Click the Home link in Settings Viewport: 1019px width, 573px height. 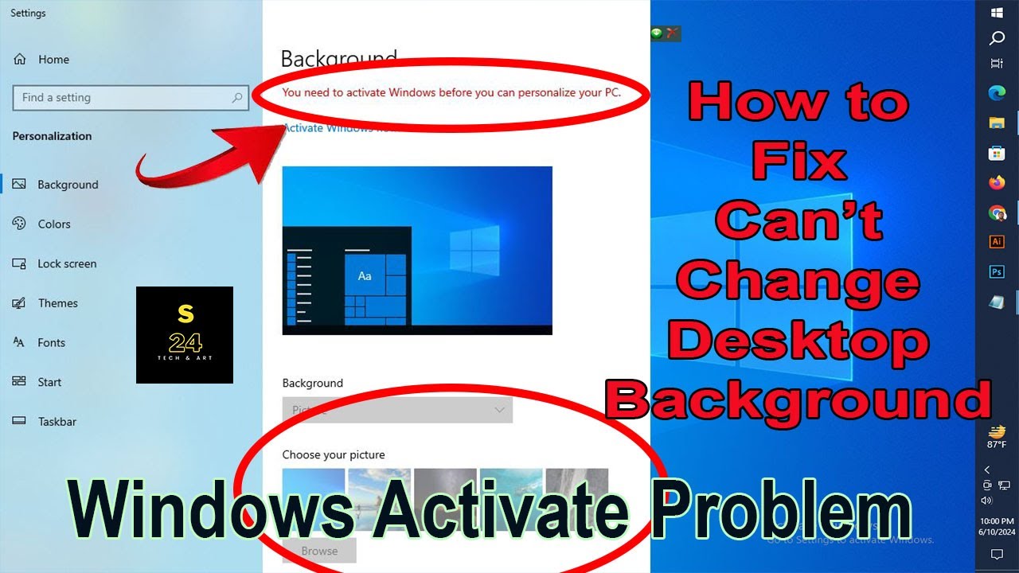pos(53,60)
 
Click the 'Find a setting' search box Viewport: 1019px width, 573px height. pos(128,98)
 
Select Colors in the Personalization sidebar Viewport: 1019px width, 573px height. pos(53,224)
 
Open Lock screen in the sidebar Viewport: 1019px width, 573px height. pos(66,263)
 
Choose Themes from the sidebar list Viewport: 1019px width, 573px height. pos(57,303)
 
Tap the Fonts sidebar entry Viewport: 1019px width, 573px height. pos(51,343)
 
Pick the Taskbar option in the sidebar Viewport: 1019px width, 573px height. pos(57,422)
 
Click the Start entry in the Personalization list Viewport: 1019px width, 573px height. pos(49,382)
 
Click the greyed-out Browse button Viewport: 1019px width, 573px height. pos(319,551)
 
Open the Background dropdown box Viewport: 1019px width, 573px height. pos(397,410)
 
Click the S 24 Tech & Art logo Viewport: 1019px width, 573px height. pos(185,335)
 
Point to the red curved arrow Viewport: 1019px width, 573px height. pos(207,155)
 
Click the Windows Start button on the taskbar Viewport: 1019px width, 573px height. pos(997,13)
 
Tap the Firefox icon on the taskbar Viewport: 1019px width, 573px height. pos(997,183)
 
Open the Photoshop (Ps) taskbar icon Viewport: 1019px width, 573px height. pos(997,272)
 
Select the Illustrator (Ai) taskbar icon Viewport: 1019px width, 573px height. pos(997,242)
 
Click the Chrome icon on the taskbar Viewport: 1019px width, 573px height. pos(997,212)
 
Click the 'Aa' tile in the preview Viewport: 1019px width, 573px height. pos(365,275)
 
